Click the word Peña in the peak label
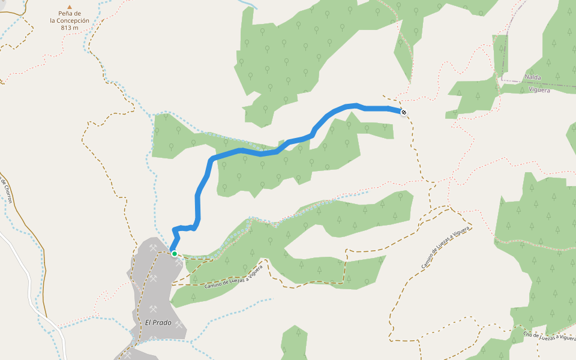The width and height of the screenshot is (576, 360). click(x=64, y=13)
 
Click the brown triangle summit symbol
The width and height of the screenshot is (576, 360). click(x=70, y=7)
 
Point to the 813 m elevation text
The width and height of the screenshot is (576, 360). click(x=70, y=28)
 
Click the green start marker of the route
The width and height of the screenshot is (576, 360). click(x=175, y=254)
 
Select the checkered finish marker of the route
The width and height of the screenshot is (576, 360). click(x=404, y=112)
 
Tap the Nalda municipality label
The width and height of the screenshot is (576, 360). click(x=533, y=77)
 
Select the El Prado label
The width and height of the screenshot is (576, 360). click(x=158, y=323)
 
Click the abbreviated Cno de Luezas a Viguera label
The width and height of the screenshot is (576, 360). click(x=548, y=338)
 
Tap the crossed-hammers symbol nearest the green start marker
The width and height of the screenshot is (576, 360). click(x=179, y=262)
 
